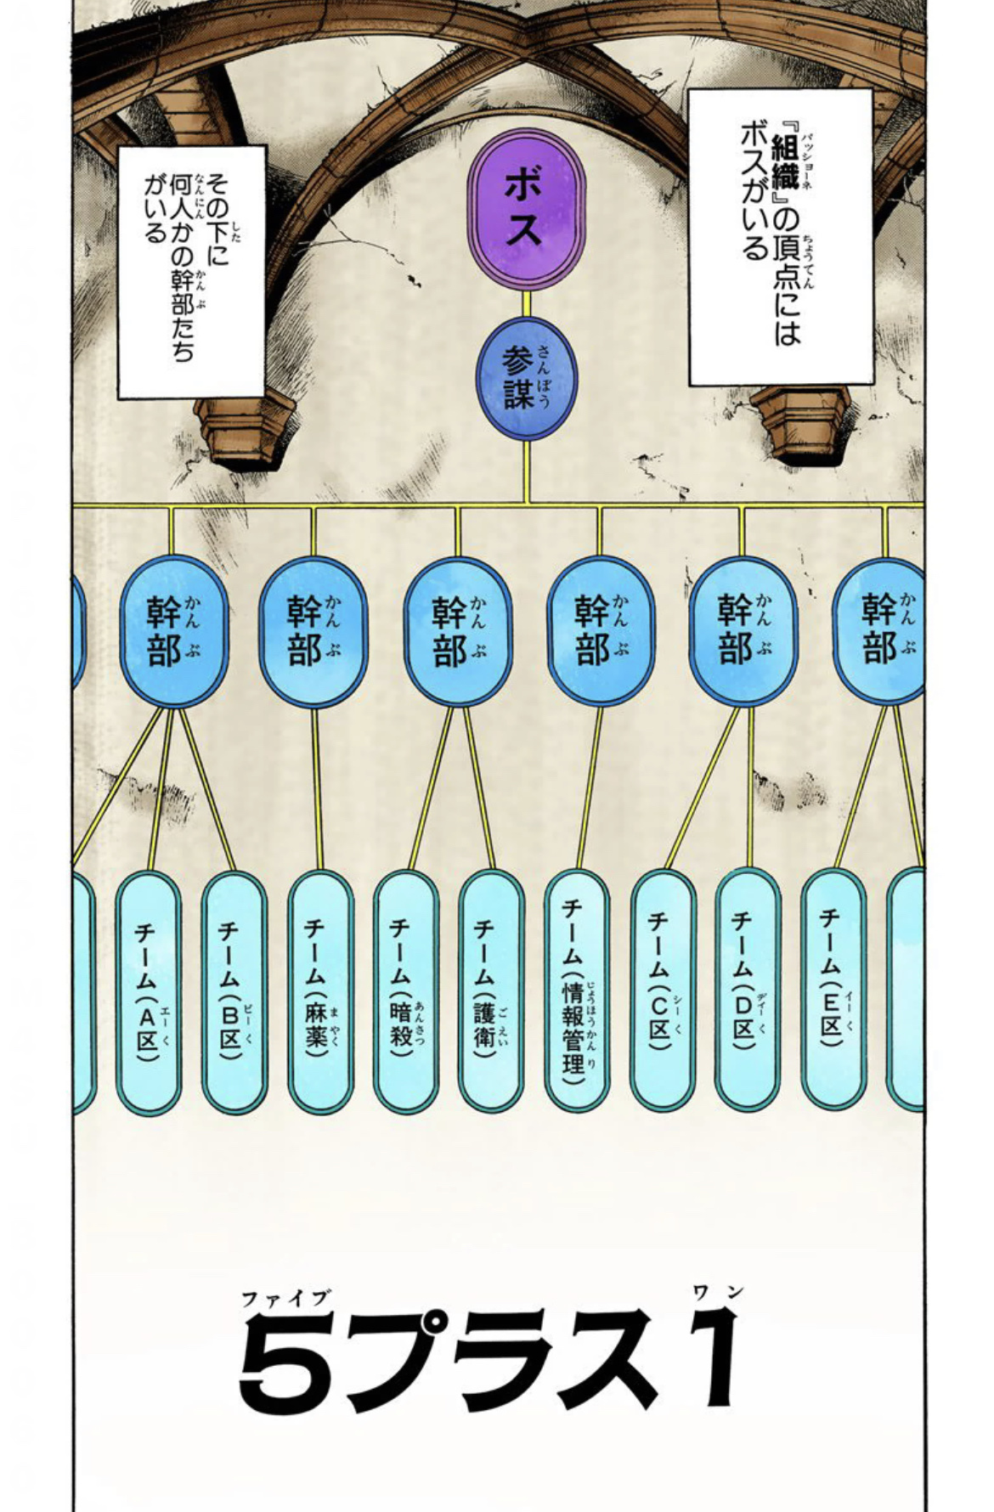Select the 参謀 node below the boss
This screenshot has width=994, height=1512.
tap(526, 383)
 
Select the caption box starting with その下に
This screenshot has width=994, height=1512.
tap(191, 271)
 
